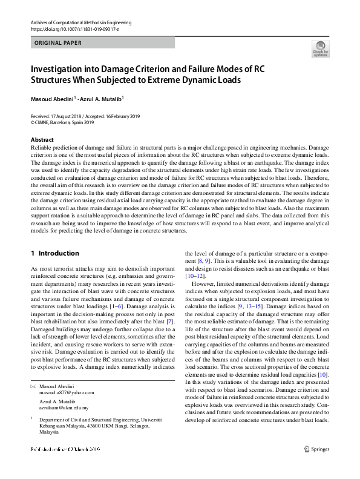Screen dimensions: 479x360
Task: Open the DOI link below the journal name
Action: click(x=68, y=28)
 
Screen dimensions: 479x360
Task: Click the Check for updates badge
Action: click(x=320, y=48)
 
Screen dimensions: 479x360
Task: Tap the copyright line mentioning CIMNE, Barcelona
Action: click(x=62, y=122)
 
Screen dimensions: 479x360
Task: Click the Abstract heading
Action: click(x=42, y=140)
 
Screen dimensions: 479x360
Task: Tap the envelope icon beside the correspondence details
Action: click(x=33, y=386)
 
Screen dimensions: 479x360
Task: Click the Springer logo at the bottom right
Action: click(x=316, y=449)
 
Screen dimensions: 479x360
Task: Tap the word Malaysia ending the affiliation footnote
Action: click(x=50, y=433)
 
